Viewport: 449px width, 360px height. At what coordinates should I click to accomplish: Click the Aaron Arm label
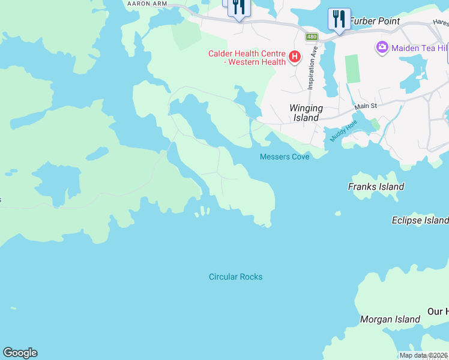(146, 4)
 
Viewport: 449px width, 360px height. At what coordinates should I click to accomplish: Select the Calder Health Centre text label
(247, 58)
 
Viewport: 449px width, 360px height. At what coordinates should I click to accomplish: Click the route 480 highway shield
(311, 37)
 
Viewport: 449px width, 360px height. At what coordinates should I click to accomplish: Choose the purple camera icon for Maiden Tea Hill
(382, 47)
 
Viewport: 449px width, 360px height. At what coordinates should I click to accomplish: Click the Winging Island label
(306, 113)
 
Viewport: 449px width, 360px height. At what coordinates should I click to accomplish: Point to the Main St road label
(365, 106)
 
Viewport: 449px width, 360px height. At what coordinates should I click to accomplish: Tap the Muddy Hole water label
(343, 130)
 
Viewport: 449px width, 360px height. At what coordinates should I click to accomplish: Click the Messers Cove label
(285, 157)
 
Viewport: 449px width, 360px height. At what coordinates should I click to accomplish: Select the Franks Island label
(376, 187)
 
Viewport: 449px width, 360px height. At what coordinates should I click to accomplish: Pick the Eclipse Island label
(420, 220)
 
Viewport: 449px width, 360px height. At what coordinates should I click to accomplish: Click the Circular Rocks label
(235, 277)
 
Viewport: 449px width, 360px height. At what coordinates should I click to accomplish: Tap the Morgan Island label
(390, 319)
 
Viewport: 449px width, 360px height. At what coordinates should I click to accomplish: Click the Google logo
(20, 353)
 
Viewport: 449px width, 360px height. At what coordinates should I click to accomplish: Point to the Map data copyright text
(424, 355)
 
